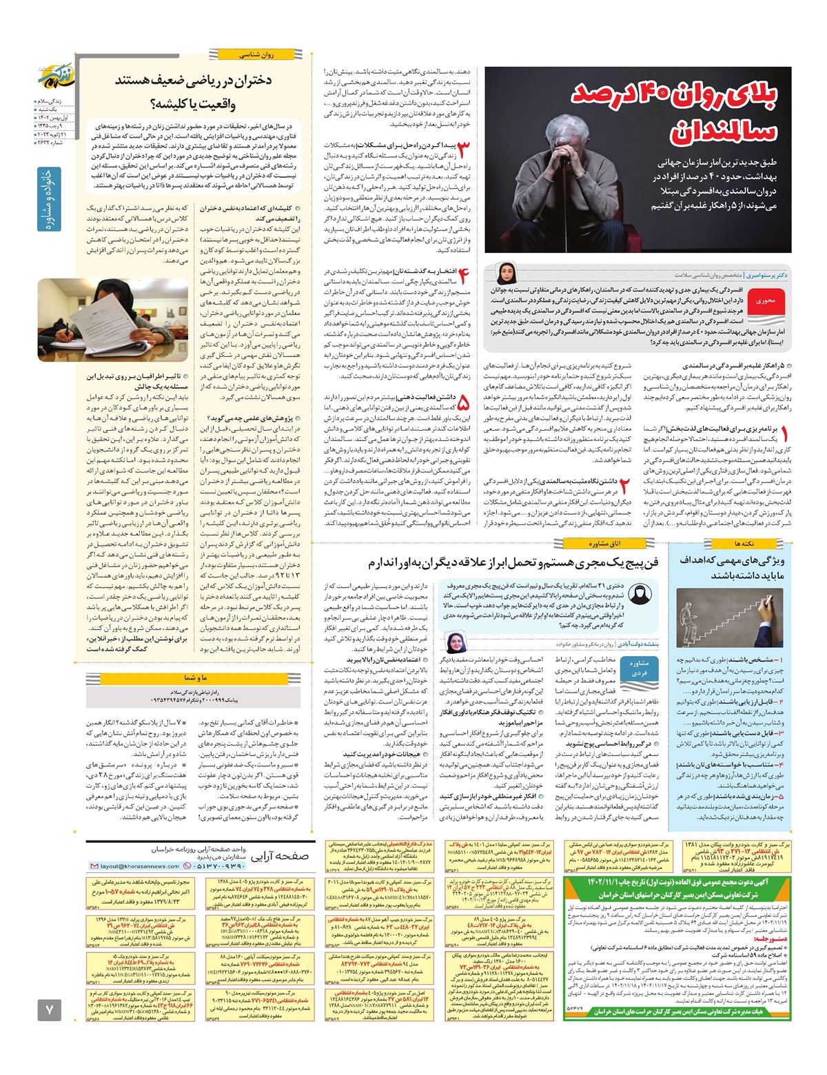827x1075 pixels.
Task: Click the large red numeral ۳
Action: [464, 153]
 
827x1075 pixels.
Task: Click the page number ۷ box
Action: [49, 1010]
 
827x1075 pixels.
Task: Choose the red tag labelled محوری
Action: [765, 301]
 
